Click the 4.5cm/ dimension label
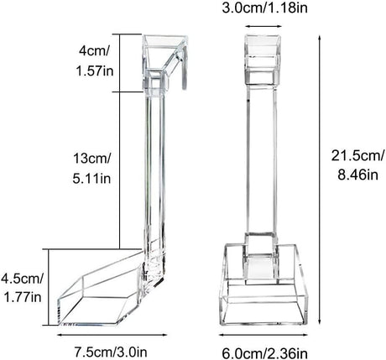click(x=20, y=278)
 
